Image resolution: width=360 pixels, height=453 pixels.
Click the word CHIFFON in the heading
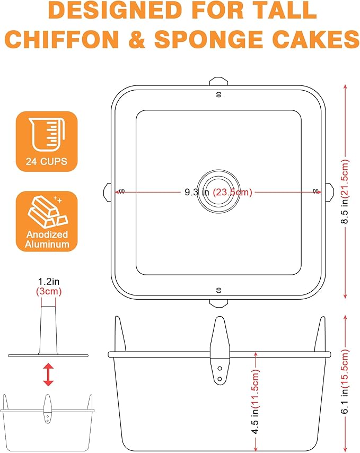tap(62, 39)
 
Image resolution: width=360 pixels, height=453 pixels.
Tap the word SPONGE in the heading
tap(208, 39)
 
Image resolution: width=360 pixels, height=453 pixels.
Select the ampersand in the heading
tap(137, 39)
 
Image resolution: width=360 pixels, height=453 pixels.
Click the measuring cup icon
tap(47, 135)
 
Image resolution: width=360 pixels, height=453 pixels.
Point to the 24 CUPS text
tap(47, 161)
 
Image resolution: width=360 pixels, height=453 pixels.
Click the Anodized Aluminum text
tap(47, 239)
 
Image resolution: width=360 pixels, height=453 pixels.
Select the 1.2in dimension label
tap(48, 281)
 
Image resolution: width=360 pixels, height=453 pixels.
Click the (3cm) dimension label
tap(49, 291)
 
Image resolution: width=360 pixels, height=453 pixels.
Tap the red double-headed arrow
tap(48, 374)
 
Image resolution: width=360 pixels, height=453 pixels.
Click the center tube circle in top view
tap(218, 191)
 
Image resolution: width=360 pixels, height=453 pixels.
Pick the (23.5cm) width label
tap(232, 192)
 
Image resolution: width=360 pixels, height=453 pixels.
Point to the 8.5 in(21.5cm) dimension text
tap(345, 191)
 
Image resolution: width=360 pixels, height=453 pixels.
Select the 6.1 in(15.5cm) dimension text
tap(345, 382)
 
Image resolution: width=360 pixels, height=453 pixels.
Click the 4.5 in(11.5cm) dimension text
tap(256, 402)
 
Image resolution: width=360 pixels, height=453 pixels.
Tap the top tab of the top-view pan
tap(218, 81)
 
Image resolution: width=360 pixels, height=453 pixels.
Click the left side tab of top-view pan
tap(108, 192)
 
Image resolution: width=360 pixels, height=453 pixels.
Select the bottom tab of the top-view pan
tap(218, 303)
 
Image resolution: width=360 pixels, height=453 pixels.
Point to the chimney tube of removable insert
tap(48, 329)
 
